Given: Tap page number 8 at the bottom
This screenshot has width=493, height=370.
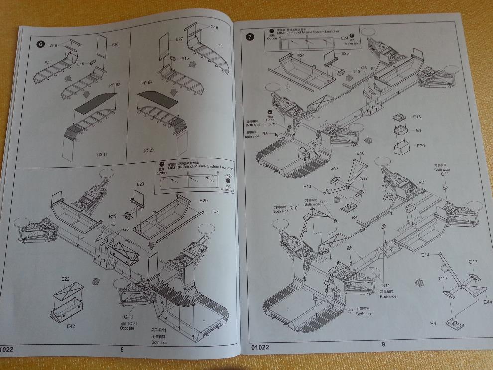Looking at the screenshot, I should tap(122, 349).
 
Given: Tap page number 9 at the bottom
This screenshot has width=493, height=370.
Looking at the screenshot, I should tap(383, 344).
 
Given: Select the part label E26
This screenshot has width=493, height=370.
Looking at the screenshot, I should tap(115, 44).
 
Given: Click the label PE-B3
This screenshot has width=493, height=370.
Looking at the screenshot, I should tap(114, 85).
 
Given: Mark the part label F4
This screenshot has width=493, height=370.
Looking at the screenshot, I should tap(221, 46).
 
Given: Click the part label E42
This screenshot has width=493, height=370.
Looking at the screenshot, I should tap(71, 326).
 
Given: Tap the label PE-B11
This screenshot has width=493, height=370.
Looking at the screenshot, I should tap(159, 330).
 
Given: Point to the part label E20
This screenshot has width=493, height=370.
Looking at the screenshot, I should tap(421, 146).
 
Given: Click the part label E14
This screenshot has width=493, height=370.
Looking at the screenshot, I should tap(425, 255).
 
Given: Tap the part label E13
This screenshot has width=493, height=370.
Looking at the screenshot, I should tap(307, 186).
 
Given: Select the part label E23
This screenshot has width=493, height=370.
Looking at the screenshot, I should tap(141, 184).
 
